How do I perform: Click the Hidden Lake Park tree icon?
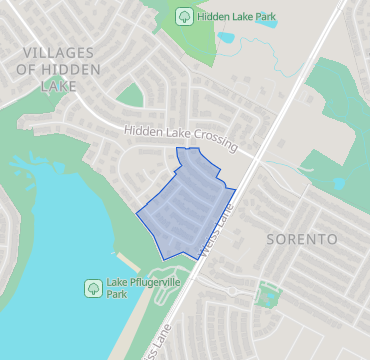coord(184,16)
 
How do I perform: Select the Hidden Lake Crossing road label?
coord(180,139)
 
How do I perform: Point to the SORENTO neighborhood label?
coord(301,239)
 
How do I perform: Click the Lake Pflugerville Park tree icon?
coord(92,288)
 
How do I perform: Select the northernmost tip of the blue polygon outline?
coord(177,148)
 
